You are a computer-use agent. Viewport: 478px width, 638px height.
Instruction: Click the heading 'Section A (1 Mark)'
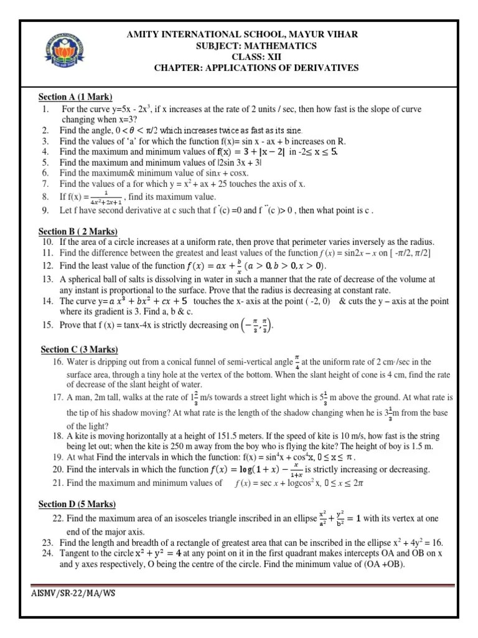(x=75, y=97)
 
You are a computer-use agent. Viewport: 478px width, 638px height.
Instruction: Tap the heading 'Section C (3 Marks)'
(x=79, y=350)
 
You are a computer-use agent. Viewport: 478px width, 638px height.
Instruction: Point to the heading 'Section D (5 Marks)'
(x=77, y=504)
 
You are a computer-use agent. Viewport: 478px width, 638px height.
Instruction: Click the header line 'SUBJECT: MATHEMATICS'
(x=256, y=45)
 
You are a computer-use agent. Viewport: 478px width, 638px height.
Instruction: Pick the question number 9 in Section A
(x=45, y=210)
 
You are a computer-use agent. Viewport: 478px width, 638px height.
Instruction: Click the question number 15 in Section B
(x=48, y=325)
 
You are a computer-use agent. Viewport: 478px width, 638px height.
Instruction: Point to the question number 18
(x=58, y=436)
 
